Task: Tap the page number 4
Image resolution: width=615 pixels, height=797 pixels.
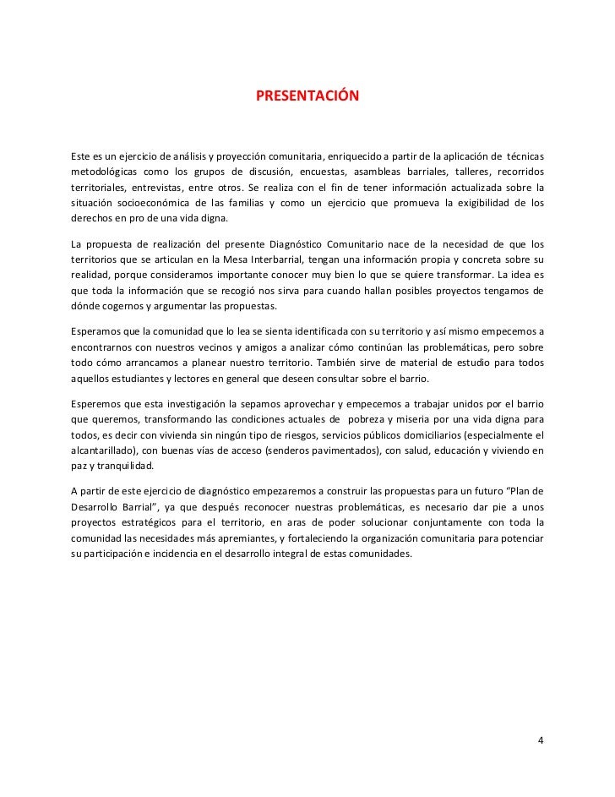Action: click(x=542, y=741)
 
